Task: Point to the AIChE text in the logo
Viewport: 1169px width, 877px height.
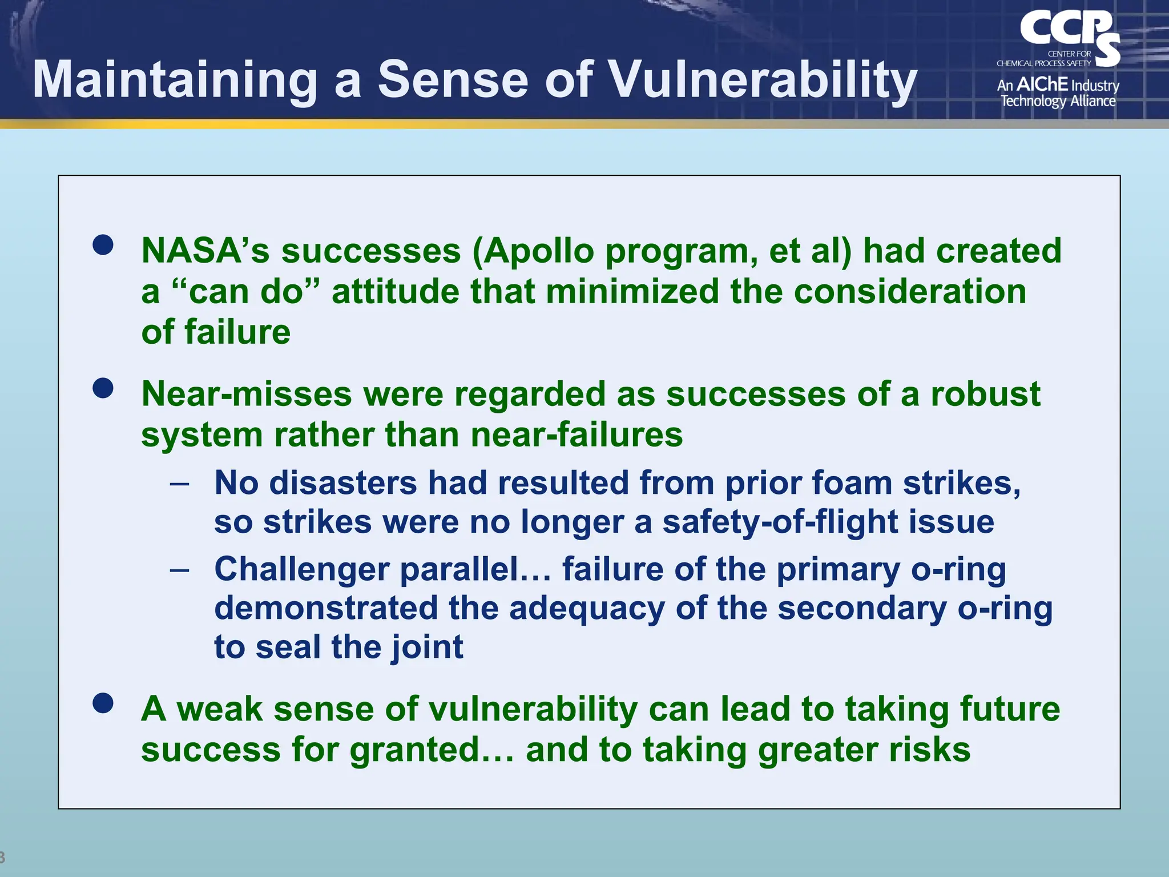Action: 1042,85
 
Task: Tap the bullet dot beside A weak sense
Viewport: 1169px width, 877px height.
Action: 103,703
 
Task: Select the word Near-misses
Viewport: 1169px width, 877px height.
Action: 247,395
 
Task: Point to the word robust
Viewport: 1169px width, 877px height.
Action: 985,395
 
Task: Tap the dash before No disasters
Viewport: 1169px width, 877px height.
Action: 179,484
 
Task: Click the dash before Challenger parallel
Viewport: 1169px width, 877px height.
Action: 179,570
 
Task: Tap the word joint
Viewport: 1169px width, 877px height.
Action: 427,647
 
